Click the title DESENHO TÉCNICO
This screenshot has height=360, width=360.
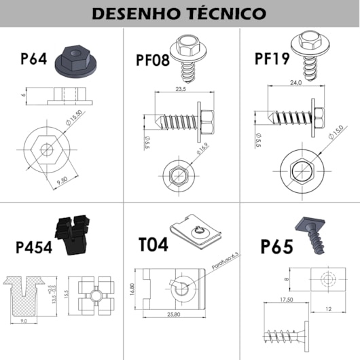click(179, 14)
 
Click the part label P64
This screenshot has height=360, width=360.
click(34, 59)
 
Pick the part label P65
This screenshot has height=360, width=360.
click(276, 246)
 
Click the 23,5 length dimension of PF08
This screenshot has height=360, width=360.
click(180, 88)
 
